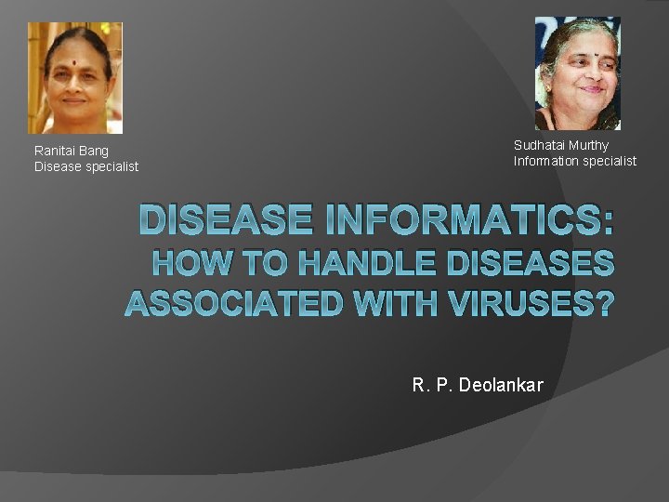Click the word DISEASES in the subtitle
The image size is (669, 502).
pyautogui.click(x=531, y=265)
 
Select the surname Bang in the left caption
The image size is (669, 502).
pyautogui.click(x=95, y=151)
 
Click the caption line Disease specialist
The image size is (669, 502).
pyautogui.click(x=86, y=166)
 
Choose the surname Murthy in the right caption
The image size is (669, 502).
pyautogui.click(x=589, y=145)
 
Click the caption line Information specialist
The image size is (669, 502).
pyautogui.click(x=575, y=161)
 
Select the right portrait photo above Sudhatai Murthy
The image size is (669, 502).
pyautogui.click(x=577, y=73)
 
